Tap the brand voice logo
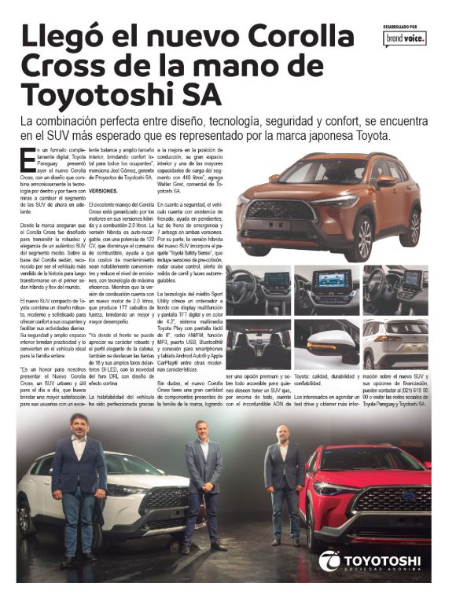[404, 37]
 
